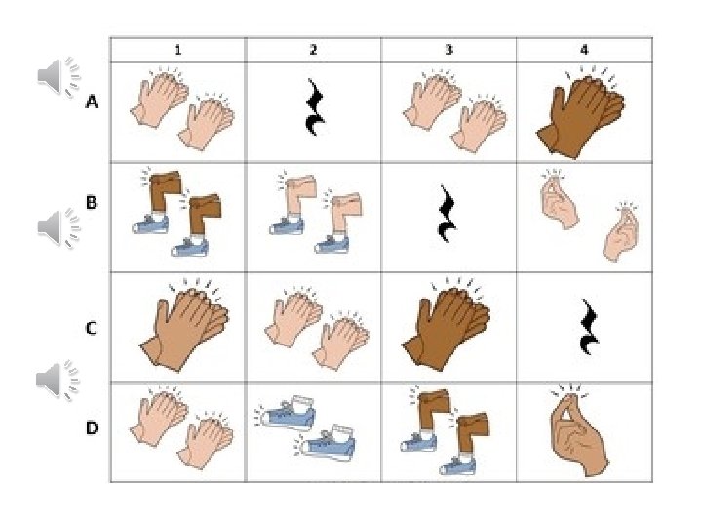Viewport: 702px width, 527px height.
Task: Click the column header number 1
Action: pyautogui.click(x=178, y=50)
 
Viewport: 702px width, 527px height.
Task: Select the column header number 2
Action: pyautogui.click(x=313, y=50)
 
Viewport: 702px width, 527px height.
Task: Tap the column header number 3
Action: pyautogui.click(x=449, y=50)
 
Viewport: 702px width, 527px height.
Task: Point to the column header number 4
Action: pyautogui.click(x=584, y=50)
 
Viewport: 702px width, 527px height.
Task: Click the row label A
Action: pyautogui.click(x=92, y=102)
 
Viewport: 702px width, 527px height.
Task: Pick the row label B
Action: pyautogui.click(x=91, y=203)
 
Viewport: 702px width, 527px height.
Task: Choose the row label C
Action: pyautogui.click(x=91, y=329)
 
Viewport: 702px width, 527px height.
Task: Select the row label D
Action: pyautogui.click(x=92, y=428)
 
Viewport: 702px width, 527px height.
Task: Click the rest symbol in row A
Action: pyautogui.click(x=315, y=107)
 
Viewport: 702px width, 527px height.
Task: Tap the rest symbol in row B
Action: pyautogui.click(x=448, y=214)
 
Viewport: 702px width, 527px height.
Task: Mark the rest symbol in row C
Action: pyautogui.click(x=588, y=326)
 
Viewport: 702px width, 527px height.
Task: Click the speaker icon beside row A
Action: pyautogui.click(x=58, y=76)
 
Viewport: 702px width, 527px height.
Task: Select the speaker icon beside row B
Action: pyautogui.click(x=58, y=227)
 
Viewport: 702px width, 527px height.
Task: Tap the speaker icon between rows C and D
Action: pyautogui.click(x=58, y=379)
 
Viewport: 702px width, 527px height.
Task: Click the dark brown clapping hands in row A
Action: pyautogui.click(x=581, y=112)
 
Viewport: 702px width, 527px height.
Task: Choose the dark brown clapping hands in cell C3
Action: pyautogui.click(x=446, y=324)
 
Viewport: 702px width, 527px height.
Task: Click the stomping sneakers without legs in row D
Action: pyautogui.click(x=307, y=428)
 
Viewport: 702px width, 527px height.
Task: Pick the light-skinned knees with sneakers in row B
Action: pyautogui.click(x=316, y=213)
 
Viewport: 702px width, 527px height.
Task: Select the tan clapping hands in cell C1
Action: pyautogui.click(x=184, y=324)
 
